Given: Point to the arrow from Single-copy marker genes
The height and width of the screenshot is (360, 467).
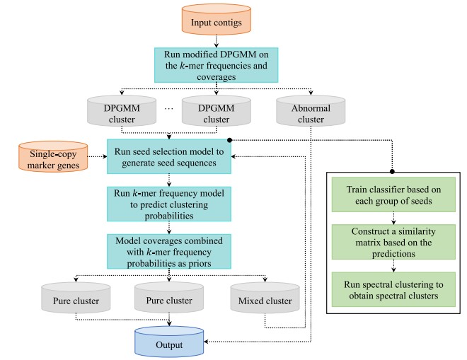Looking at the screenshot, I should click(x=94, y=158).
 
